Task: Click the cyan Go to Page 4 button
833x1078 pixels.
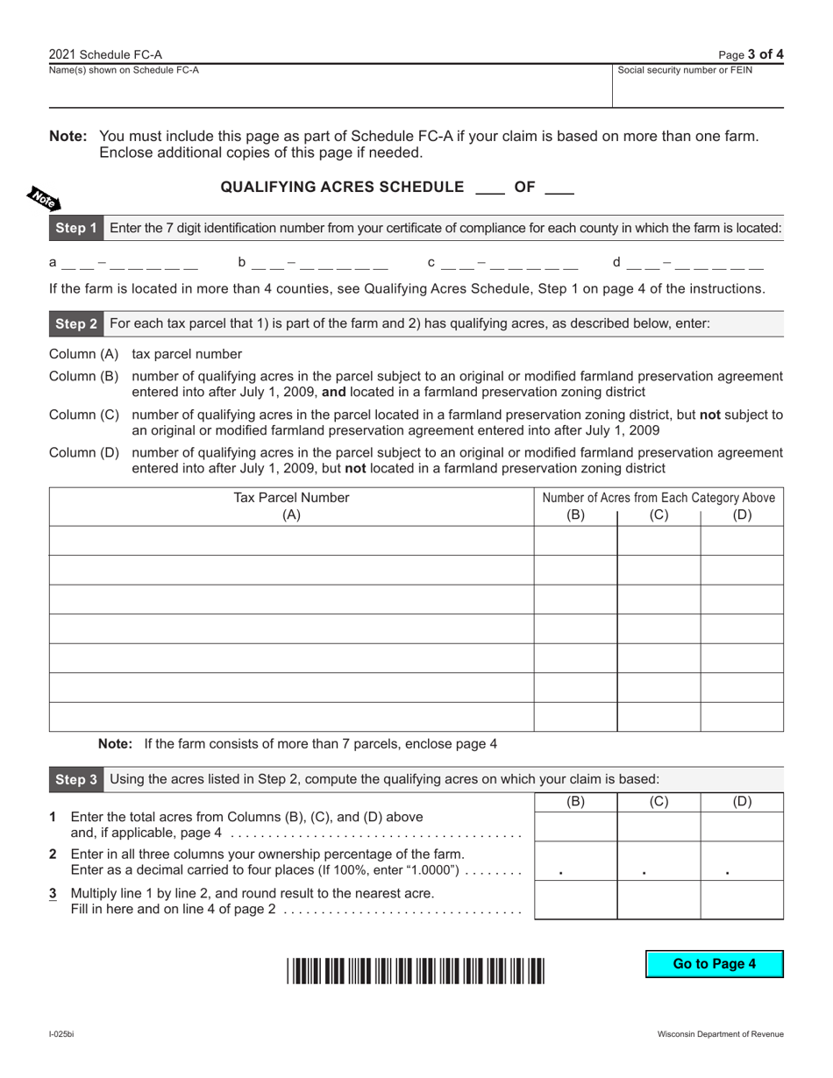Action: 714,964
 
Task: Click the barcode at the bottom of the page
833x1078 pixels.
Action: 415,973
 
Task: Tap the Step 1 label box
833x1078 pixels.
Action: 76,228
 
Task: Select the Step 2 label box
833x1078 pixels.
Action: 76,323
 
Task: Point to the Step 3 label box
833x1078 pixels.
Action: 76,779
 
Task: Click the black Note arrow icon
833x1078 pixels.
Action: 43,199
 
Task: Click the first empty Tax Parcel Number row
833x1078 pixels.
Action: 291,541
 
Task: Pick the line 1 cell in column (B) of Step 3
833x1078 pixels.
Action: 575,826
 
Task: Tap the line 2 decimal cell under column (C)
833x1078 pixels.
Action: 659,861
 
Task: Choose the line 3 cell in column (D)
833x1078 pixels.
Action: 742,899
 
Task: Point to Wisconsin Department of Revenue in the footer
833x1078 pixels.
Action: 721,1034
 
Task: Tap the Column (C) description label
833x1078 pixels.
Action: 83,415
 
